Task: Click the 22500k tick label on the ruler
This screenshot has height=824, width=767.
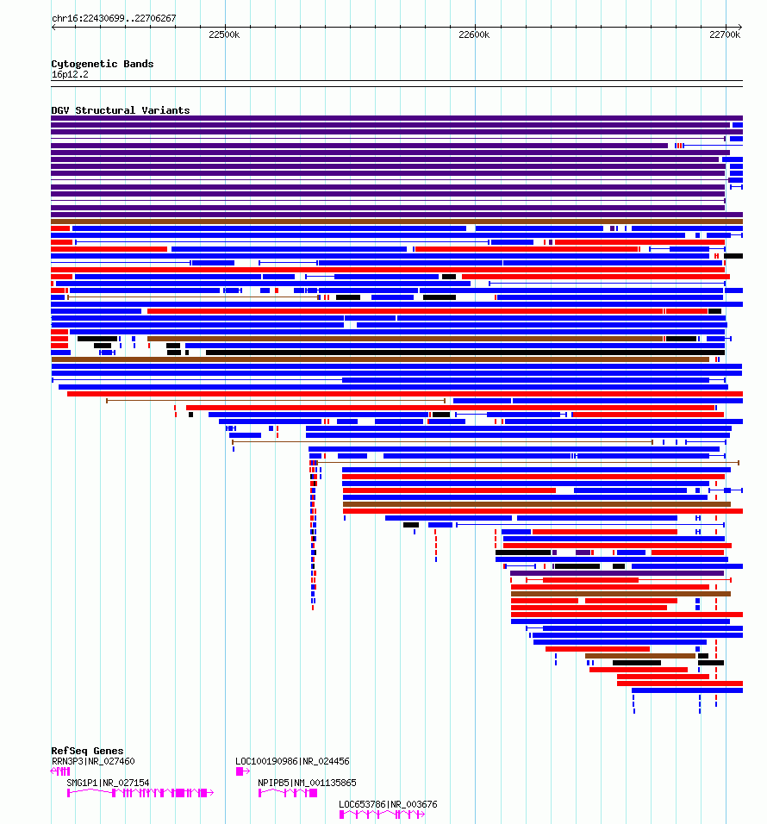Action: (x=224, y=34)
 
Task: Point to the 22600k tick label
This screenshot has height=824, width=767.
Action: (x=474, y=34)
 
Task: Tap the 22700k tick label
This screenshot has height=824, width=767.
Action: (x=725, y=34)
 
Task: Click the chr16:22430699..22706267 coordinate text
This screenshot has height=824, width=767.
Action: (x=114, y=18)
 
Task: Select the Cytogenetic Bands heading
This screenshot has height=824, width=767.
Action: (x=103, y=64)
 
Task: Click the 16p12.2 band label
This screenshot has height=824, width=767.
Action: (x=70, y=75)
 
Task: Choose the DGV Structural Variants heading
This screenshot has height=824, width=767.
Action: (x=121, y=110)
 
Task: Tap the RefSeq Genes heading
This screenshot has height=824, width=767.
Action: (x=87, y=751)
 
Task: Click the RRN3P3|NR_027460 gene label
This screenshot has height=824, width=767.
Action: (x=93, y=761)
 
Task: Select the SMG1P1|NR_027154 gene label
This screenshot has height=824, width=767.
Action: (x=108, y=783)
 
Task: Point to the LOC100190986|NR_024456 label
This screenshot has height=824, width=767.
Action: (x=292, y=761)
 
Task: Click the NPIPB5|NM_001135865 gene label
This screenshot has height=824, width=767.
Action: (x=307, y=783)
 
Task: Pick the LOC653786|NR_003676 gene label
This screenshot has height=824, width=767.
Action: (x=388, y=804)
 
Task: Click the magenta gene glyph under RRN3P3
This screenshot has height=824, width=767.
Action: (x=59, y=771)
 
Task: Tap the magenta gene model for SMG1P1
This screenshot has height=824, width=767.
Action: (x=140, y=793)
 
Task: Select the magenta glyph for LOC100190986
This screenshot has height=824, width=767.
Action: (x=242, y=771)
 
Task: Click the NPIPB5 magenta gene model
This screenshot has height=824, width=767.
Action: (x=287, y=793)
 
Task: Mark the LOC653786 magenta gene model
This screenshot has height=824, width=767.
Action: (x=382, y=815)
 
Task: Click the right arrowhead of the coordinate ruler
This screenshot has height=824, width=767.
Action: (x=740, y=27)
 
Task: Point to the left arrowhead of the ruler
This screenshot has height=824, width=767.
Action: (x=53, y=27)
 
